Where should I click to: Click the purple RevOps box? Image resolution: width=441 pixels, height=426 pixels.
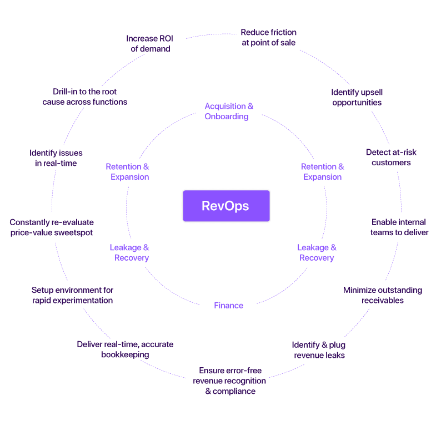point(225,206)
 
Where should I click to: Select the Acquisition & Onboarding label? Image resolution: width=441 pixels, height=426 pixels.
point(228,111)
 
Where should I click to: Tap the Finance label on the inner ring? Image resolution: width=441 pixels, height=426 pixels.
point(228,305)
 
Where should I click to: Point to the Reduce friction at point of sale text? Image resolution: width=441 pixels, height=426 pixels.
point(268,38)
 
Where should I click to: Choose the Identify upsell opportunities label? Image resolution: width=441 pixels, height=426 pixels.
point(357,97)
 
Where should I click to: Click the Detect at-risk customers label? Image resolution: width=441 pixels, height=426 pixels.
point(391,158)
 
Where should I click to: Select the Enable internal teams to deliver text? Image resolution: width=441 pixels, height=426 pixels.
point(399,227)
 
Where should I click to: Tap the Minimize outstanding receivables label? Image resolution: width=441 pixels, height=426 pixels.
point(382,295)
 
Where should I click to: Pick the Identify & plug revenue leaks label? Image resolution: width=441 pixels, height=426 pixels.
point(319,350)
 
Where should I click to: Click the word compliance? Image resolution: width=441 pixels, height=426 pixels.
point(234,391)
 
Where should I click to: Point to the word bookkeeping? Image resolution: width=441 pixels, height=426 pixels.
point(125,354)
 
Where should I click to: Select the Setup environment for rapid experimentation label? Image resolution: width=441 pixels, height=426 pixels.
point(72,295)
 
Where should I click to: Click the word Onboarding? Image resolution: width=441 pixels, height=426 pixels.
point(226,116)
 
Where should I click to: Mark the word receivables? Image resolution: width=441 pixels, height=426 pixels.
point(382,300)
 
